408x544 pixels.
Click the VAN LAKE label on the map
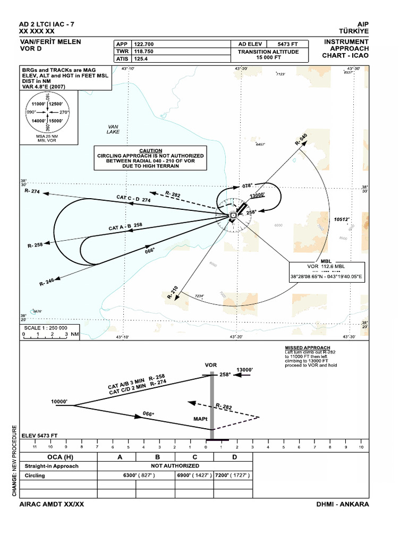click(113, 129)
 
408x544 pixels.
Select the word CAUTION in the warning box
click(150, 150)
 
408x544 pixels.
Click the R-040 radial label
click(301, 140)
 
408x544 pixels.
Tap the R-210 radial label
click(173, 292)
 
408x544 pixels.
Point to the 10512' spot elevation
click(342, 219)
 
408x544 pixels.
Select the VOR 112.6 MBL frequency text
click(326, 267)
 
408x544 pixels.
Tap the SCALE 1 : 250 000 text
click(46, 328)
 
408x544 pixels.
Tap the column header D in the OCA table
click(234, 457)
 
